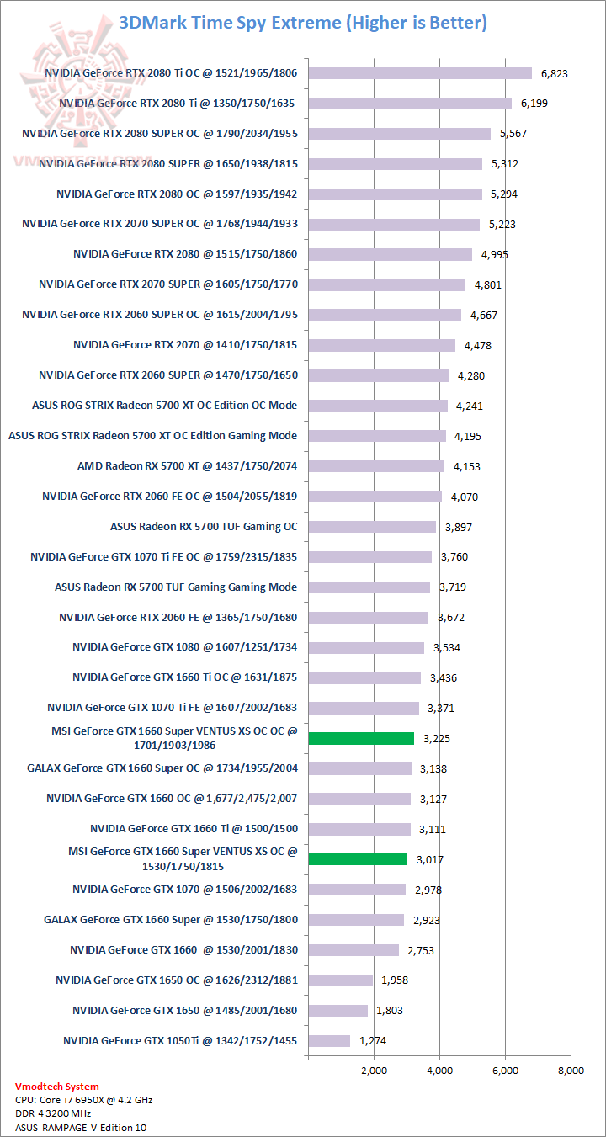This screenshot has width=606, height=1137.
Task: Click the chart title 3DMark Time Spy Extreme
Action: click(x=303, y=23)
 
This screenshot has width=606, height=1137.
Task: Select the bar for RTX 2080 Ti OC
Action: click(x=420, y=73)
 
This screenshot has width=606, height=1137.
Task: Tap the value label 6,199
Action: click(x=534, y=104)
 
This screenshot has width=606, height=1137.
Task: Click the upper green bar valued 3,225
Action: click(x=361, y=738)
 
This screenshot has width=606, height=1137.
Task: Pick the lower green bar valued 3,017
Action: click(x=358, y=859)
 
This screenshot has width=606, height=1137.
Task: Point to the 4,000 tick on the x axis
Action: click(x=439, y=1071)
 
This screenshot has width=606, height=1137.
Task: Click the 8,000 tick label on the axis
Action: click(x=571, y=1071)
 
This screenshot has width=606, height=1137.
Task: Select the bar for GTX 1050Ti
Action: click(x=328, y=1041)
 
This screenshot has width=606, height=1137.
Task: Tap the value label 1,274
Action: click(x=373, y=1041)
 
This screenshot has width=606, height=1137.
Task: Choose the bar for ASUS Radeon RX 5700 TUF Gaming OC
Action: click(x=371, y=527)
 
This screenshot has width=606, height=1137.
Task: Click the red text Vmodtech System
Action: click(x=56, y=1087)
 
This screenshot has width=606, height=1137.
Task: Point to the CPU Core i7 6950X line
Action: click(x=83, y=1100)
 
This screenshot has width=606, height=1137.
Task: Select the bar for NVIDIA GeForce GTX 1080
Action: click(x=366, y=647)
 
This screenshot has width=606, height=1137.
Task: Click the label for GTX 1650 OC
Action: click(x=177, y=980)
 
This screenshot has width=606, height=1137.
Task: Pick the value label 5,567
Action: click(x=513, y=134)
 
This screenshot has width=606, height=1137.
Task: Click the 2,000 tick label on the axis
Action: click(x=374, y=1071)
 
